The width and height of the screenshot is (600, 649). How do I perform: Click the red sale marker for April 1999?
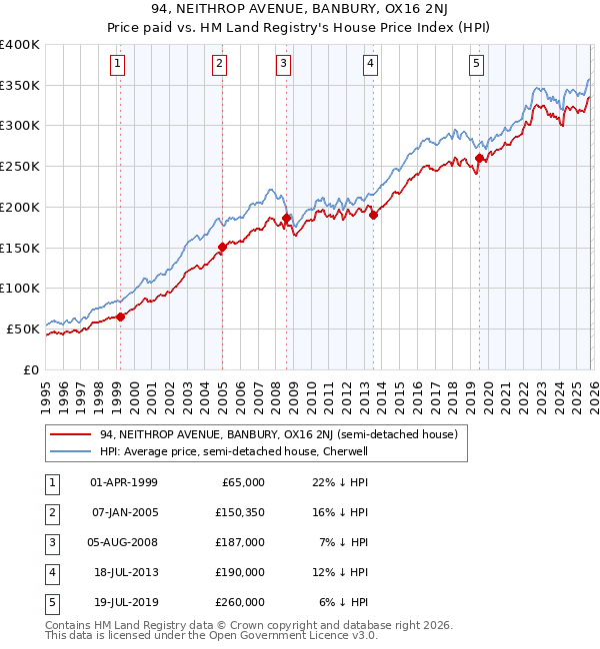(x=120, y=317)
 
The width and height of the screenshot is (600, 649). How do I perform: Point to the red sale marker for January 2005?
(x=222, y=248)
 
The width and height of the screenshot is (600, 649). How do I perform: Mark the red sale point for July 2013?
(x=373, y=215)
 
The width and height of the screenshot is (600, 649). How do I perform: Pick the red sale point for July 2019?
(x=479, y=158)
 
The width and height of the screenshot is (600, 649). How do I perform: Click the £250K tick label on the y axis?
(x=20, y=167)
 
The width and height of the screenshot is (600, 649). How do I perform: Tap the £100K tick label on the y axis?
(x=20, y=289)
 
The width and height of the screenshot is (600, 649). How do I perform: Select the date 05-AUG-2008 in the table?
(x=124, y=541)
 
